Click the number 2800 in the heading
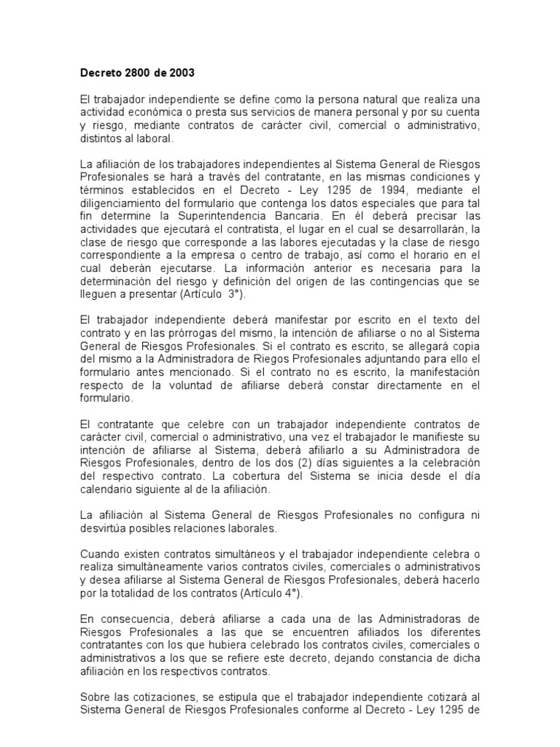(x=136, y=73)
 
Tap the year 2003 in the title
(x=183, y=73)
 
